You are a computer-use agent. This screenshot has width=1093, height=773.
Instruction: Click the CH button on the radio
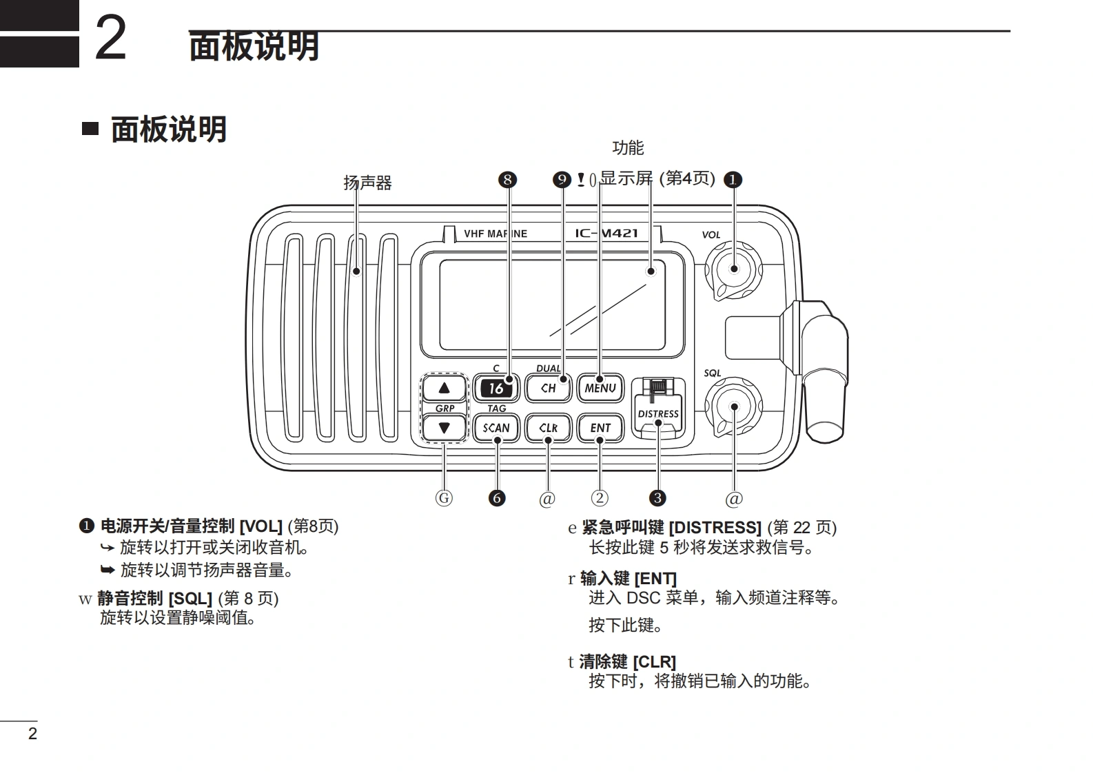pos(549,388)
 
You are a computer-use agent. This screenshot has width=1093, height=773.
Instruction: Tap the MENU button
pos(600,388)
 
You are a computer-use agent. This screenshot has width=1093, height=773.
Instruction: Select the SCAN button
pos(496,428)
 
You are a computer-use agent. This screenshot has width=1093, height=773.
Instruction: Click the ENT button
pos(600,428)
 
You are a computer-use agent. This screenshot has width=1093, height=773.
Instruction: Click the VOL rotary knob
pos(734,269)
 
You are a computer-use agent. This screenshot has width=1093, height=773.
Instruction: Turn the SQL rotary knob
pos(734,406)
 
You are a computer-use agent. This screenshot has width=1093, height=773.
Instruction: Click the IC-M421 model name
pos(606,233)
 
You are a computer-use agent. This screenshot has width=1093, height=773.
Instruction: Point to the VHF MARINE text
pos(496,234)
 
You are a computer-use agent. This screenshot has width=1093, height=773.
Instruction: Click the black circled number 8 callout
pos(507,180)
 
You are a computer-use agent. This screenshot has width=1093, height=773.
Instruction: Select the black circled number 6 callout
pos(496,498)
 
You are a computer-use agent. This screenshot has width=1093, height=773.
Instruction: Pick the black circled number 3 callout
pos(657,498)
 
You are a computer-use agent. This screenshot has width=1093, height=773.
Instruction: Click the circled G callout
pos(445,498)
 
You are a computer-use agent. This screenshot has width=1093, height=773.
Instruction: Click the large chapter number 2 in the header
pos(111,39)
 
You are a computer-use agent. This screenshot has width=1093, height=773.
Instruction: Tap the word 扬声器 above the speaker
pos(367,183)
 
